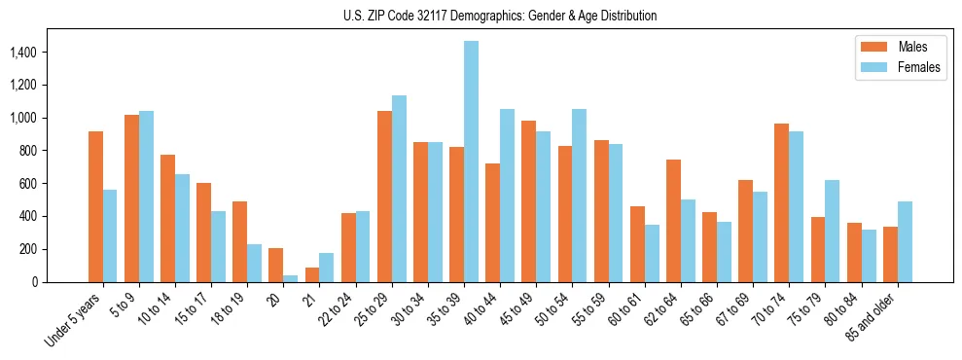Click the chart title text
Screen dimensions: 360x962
[500, 16]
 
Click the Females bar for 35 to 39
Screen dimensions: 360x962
[471, 162]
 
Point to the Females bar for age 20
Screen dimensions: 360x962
[291, 278]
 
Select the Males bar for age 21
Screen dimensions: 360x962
[312, 274]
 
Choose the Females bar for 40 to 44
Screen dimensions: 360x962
[507, 196]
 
